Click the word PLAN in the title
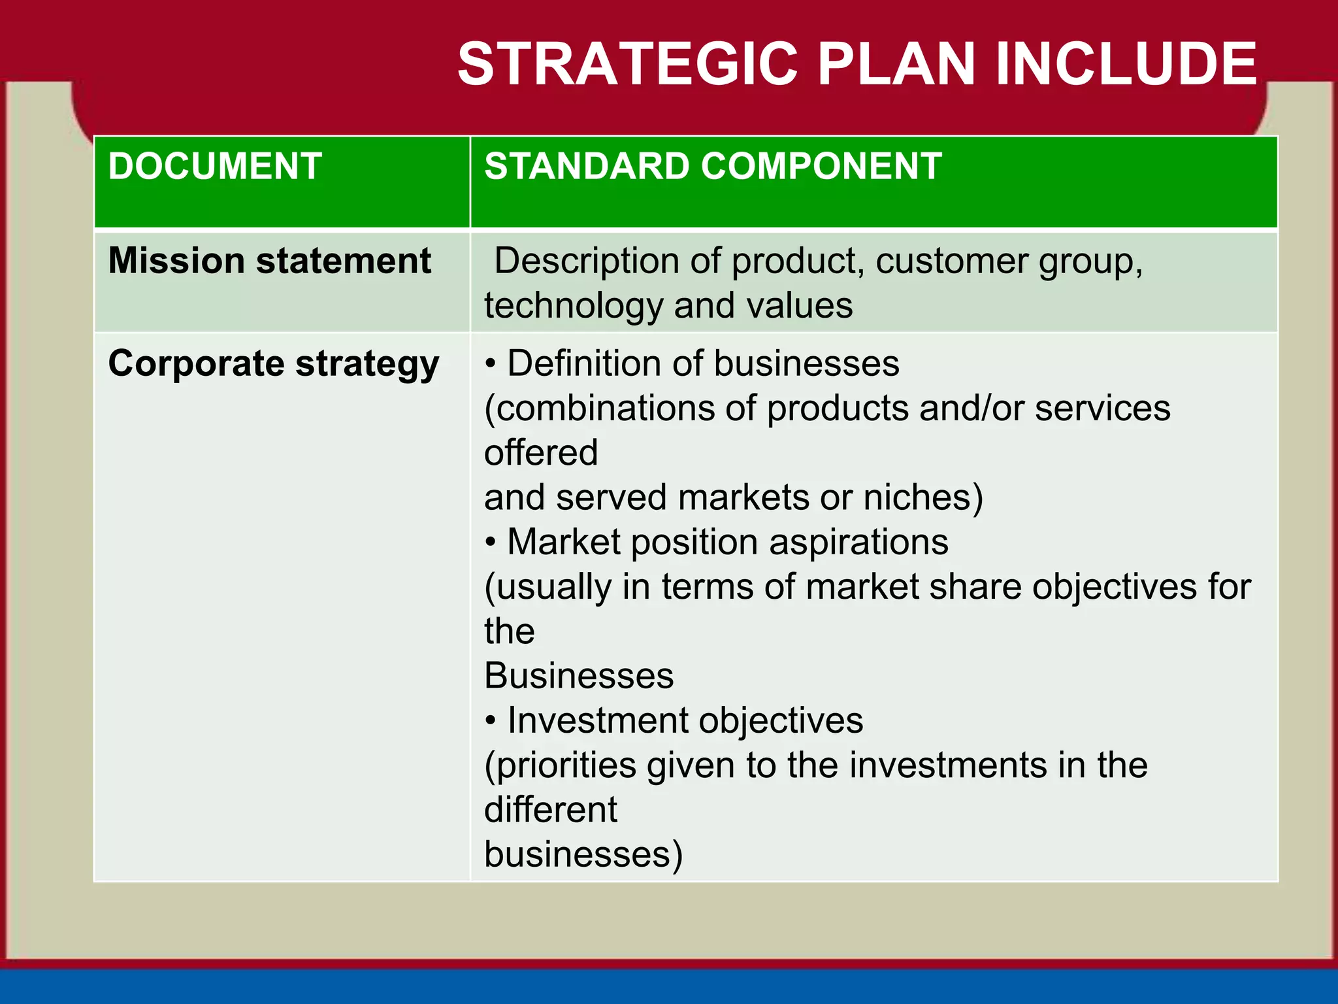(x=896, y=64)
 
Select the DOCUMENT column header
(x=215, y=166)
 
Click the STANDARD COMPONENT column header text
(x=713, y=166)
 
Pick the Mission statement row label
(x=269, y=261)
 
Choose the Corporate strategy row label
(x=273, y=363)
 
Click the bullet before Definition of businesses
(x=491, y=364)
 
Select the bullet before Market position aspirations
(x=491, y=543)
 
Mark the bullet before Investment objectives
(x=491, y=721)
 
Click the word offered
(x=541, y=452)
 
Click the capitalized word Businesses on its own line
(x=579, y=676)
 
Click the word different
(x=550, y=810)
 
